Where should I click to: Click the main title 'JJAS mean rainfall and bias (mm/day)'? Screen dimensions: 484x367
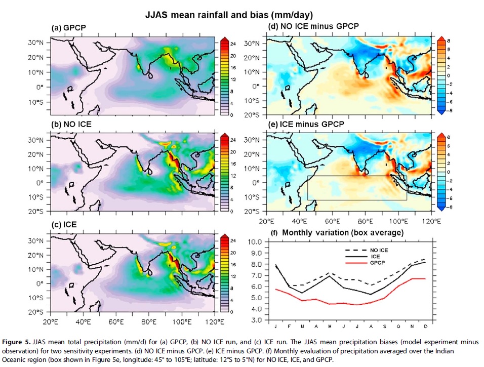click(229, 15)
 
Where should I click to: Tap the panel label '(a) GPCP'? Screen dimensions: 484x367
click(68, 28)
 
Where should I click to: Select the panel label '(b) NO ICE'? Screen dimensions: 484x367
click(71, 125)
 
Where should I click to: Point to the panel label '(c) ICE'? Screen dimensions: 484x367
click(64, 224)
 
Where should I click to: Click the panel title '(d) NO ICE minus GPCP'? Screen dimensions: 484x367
click(313, 26)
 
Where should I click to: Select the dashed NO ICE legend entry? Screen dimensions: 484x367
click(367, 251)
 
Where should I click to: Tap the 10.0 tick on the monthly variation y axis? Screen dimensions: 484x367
click(255, 241)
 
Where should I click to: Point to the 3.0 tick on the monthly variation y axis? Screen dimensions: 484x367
click(256, 320)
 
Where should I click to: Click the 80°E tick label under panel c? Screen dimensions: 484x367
click(148, 322)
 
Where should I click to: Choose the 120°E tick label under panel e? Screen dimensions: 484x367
click(431, 221)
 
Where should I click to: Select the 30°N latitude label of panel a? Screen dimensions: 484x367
click(35, 43)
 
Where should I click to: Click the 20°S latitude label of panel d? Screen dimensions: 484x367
click(252, 115)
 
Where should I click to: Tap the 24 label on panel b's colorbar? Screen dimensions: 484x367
click(233, 140)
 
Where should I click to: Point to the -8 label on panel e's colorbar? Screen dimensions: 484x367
click(449, 207)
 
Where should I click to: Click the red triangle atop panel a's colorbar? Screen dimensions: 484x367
click(224, 39)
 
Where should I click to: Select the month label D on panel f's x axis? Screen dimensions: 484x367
click(426, 327)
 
